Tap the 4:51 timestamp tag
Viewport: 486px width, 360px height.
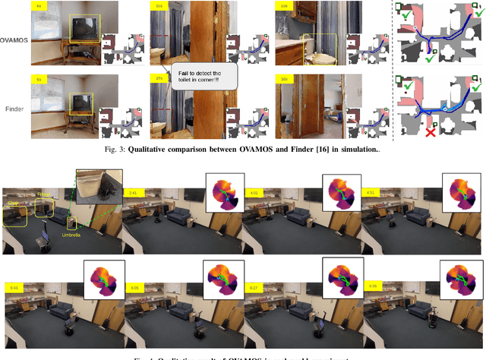pyautogui.click(x=372, y=193)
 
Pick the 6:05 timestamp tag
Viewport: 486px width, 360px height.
pyautogui.click(x=133, y=287)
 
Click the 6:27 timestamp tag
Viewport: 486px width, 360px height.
pyautogui.click(x=253, y=287)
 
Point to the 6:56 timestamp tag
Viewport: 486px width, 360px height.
pyautogui.click(x=373, y=287)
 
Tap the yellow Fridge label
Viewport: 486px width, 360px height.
pyautogui.click(x=44, y=194)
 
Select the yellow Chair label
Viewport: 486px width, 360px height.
pyautogui.click(x=13, y=204)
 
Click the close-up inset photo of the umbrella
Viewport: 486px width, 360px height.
pyautogui.click(x=99, y=185)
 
